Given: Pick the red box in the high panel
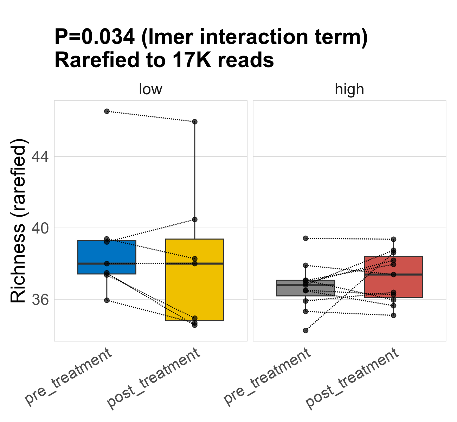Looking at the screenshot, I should pos(393,285).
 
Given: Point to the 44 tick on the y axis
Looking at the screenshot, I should pos(40,156).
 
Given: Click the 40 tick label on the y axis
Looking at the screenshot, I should pos(40,228).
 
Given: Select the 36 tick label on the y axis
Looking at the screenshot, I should pos(40,299).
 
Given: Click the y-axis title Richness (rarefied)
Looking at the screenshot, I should pos(18,221).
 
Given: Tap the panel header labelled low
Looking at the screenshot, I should pos(150,89).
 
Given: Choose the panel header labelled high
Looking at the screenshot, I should pos(349,89).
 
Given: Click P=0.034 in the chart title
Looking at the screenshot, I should pos(94,37).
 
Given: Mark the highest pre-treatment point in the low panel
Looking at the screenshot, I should pos(107,111).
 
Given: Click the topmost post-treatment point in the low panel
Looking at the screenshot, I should pos(194,122).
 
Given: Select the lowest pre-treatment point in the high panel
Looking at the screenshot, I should pos(305,331).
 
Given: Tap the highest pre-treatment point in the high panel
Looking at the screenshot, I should pos(305,238).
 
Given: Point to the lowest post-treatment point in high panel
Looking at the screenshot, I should pos(393,315).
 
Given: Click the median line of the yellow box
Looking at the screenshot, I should pos(194,263).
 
